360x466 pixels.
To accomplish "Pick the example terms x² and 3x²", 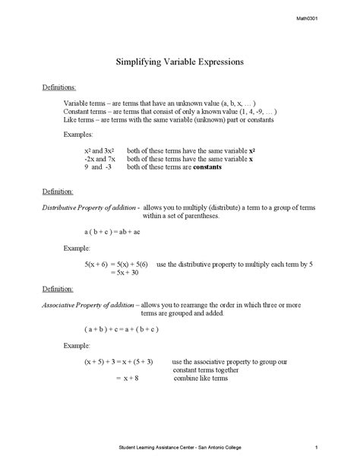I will (99, 151).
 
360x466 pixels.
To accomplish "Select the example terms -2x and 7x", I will (99, 160).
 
